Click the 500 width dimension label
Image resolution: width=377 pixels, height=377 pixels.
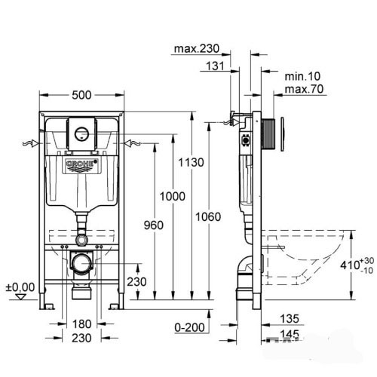click(81, 95)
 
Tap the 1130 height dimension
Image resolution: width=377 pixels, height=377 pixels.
click(191, 162)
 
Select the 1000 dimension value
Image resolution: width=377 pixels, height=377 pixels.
click(173, 196)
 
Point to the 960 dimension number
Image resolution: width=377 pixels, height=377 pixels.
click(153, 225)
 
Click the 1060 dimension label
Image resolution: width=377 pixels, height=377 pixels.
click(208, 216)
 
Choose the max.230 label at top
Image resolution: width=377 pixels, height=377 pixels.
click(197, 48)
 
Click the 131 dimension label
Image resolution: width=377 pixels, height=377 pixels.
click(215, 66)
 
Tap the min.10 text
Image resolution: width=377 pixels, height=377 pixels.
click(302, 76)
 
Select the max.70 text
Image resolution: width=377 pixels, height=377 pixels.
click(304, 89)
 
